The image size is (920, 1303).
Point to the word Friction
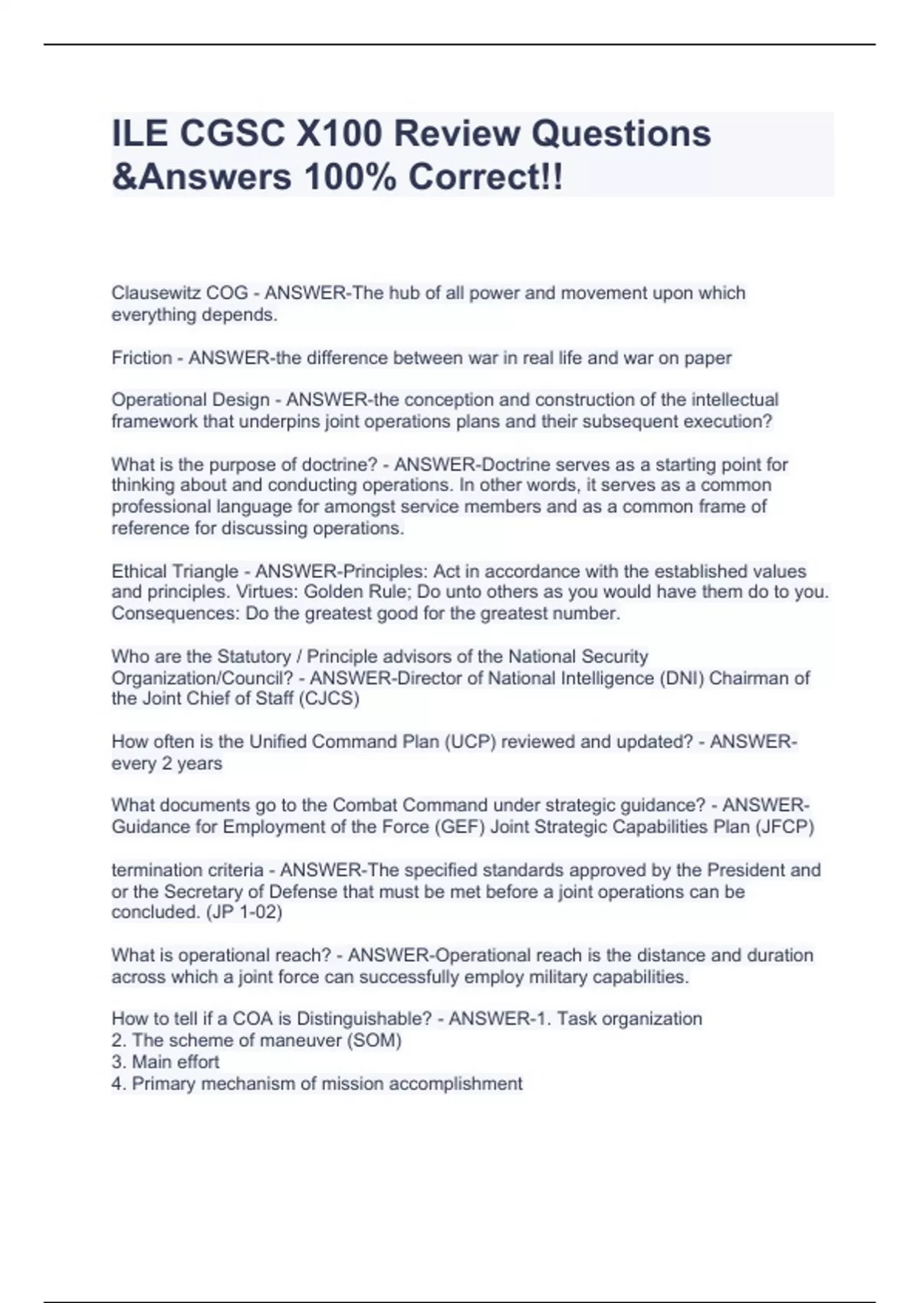click(142, 358)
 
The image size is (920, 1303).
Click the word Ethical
click(140, 571)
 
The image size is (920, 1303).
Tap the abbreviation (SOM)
click(376, 1041)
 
